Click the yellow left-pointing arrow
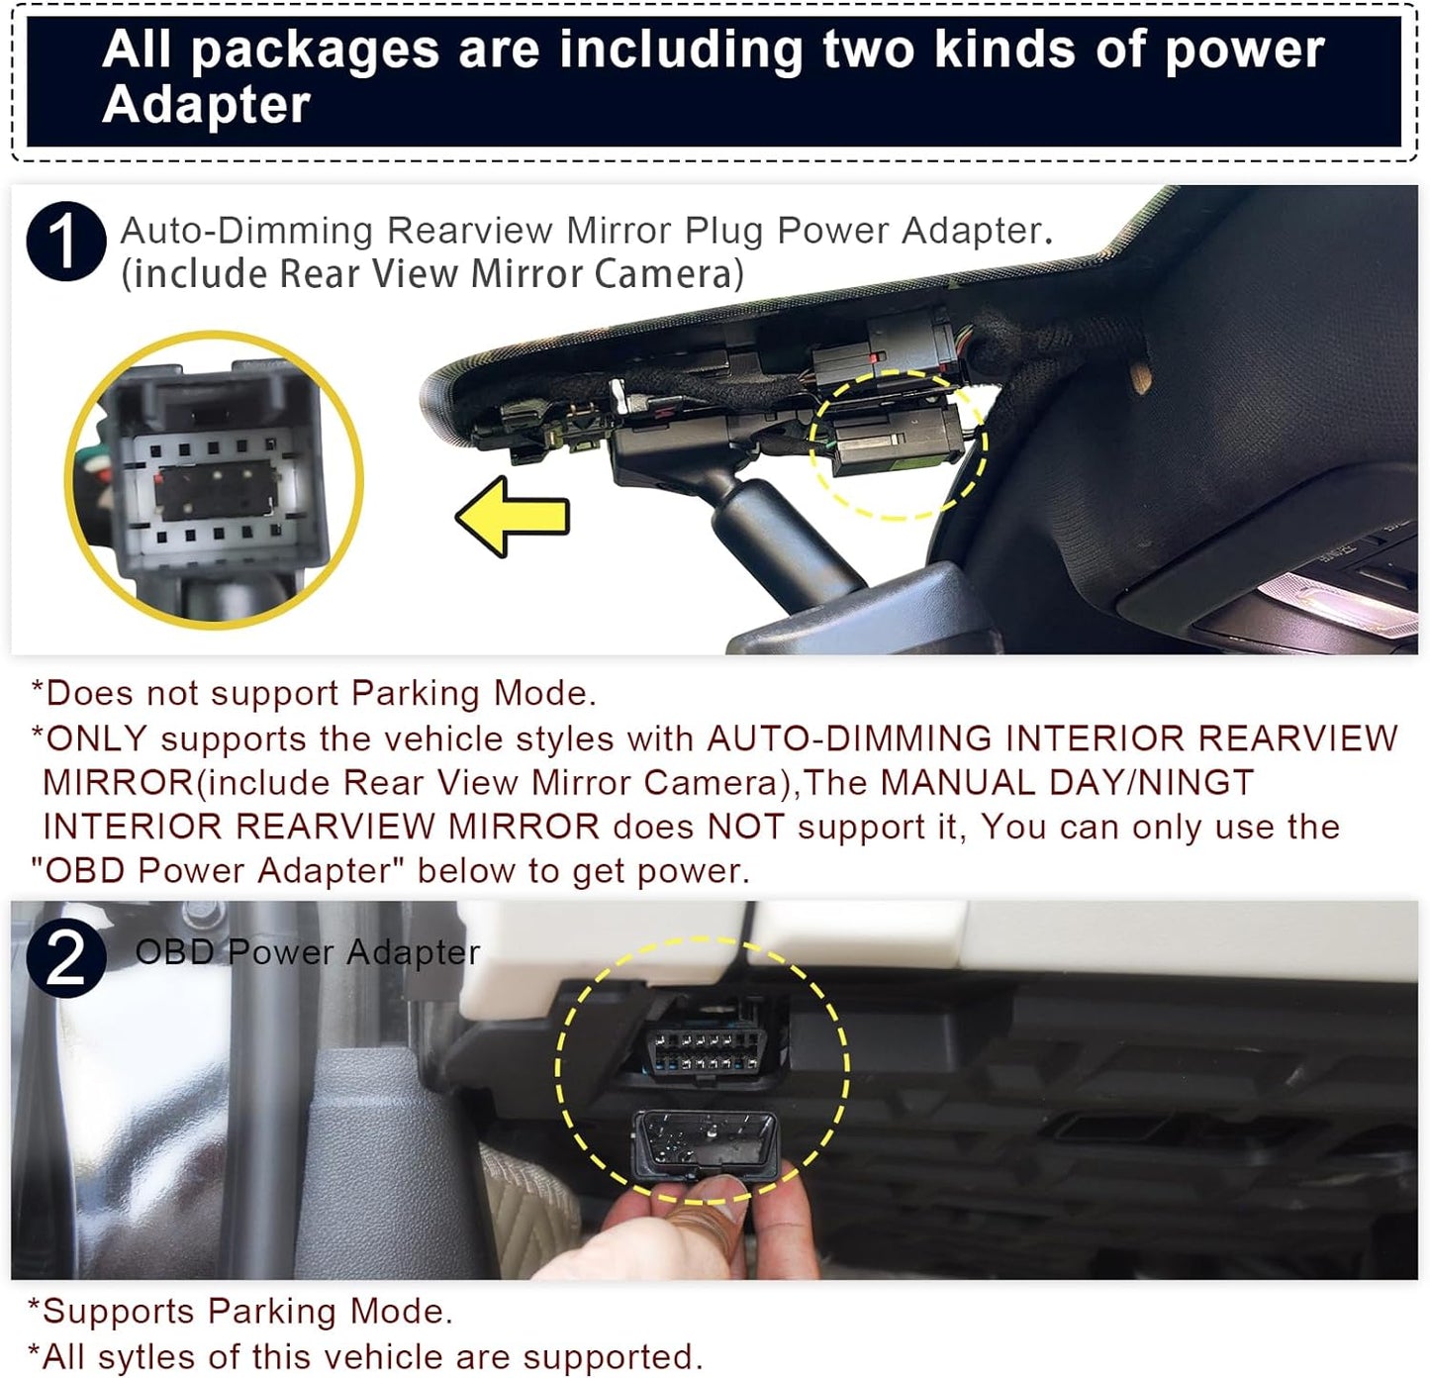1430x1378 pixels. point(512,516)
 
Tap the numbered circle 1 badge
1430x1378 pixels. point(65,242)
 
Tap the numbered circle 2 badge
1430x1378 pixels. point(65,957)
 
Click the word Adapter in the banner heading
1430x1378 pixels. point(206,105)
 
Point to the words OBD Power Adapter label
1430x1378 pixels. point(307,952)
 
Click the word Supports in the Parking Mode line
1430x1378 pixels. point(119,1312)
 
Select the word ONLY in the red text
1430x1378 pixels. point(96,738)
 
